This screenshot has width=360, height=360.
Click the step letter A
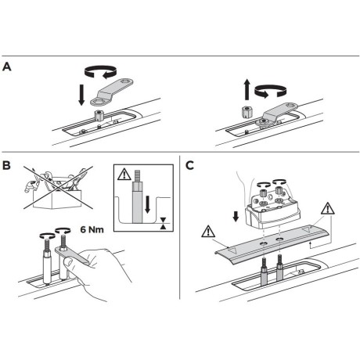coord(6,67)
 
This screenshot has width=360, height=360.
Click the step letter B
coord(6,165)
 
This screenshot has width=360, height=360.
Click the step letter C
coord(189,165)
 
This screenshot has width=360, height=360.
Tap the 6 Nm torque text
coord(92,229)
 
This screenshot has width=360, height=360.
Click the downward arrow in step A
coord(81,95)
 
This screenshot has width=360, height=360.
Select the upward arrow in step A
coord(247,90)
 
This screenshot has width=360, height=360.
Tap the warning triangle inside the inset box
coord(124,175)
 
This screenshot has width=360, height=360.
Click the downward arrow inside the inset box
coord(148,204)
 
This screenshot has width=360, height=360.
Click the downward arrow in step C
coord(236,216)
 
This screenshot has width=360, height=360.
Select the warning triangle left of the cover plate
coord(208,232)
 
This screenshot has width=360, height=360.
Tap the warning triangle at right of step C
coord(328,208)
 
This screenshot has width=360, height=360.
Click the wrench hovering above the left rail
coord(112,92)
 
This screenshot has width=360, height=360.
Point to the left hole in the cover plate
coord(263,243)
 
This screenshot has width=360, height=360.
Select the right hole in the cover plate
coord(279,239)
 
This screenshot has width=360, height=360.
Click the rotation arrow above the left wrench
coord(100,71)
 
